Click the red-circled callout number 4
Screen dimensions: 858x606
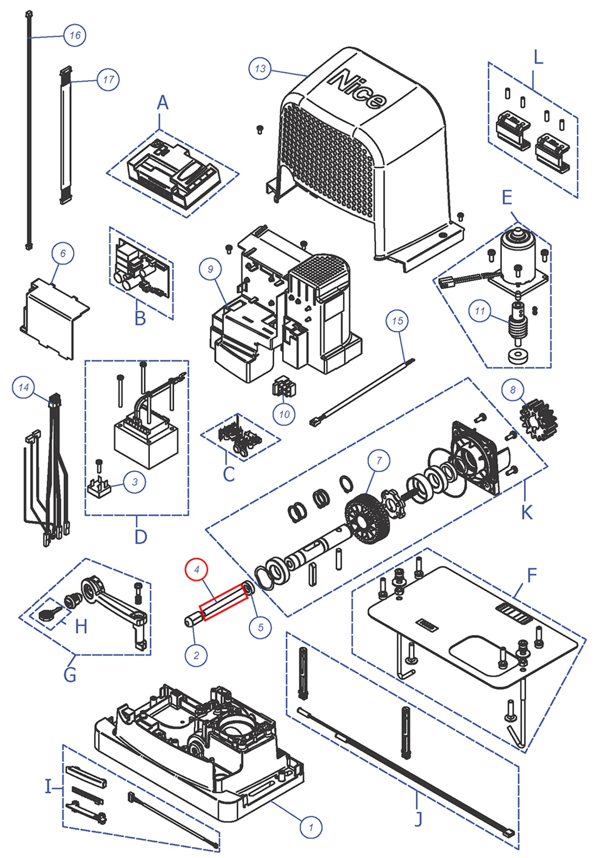tap(196, 570)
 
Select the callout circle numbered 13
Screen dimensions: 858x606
tap(260, 69)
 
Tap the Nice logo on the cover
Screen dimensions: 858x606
tap(357, 89)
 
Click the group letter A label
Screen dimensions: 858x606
tap(162, 103)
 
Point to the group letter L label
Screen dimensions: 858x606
tap(537, 57)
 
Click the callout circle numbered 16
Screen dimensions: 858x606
tap(75, 35)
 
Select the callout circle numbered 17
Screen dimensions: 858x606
tap(108, 80)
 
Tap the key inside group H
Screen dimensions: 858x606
tap(48, 613)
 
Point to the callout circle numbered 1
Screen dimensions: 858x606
tap(311, 827)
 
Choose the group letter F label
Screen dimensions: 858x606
tap(531, 575)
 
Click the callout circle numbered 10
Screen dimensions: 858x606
tap(284, 414)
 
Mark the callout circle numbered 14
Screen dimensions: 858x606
tap(24, 387)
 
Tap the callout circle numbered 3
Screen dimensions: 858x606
tap(135, 482)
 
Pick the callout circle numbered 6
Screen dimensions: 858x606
tap(62, 253)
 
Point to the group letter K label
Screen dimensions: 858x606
tap(526, 512)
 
